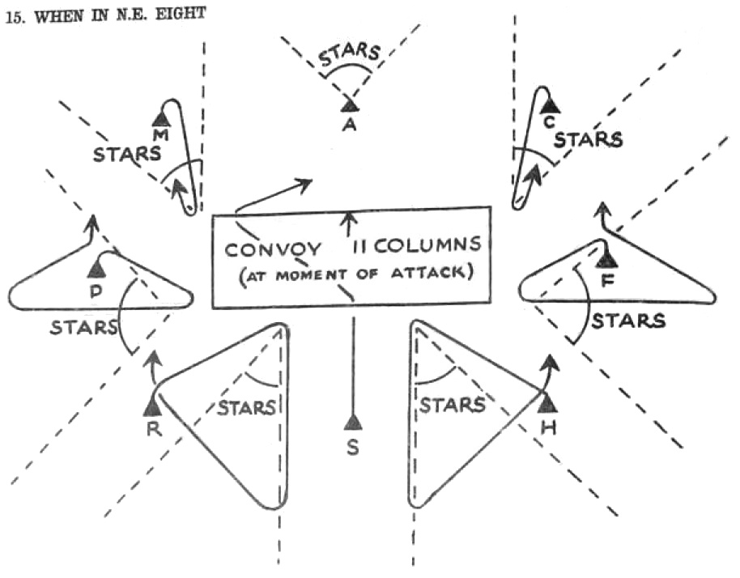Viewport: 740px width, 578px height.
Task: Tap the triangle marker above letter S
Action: pos(352,422)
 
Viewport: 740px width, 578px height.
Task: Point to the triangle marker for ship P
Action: pos(97,269)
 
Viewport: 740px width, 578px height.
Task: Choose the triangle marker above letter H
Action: pos(548,402)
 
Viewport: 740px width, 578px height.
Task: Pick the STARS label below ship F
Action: pos(627,321)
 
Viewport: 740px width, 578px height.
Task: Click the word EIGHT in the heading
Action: pos(176,16)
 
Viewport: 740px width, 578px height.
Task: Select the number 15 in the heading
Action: pos(12,17)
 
